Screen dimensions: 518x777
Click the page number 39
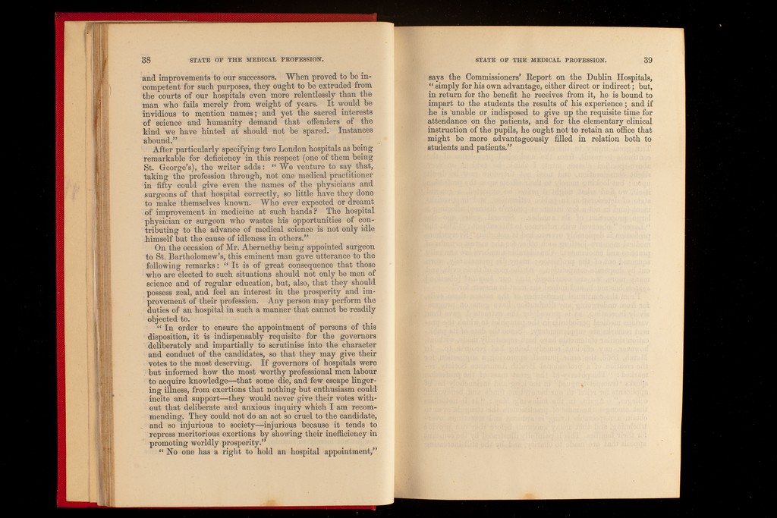click(648, 60)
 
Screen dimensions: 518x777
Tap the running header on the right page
click(540, 60)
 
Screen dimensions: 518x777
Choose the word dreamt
click(357, 202)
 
